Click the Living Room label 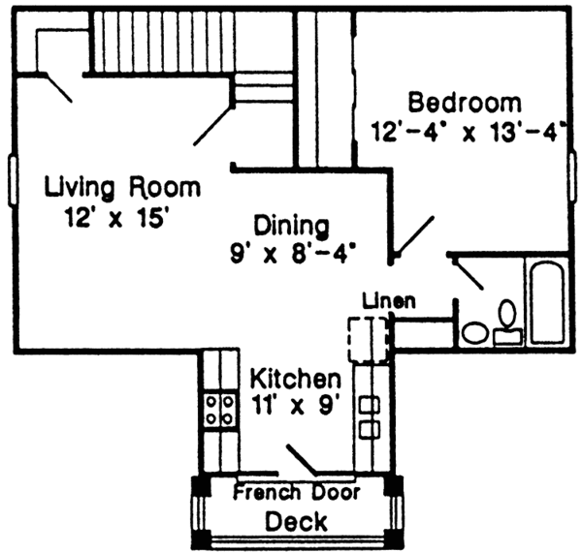[123, 187]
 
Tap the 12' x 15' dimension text [113, 217]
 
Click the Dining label [291, 225]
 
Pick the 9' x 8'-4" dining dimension [289, 254]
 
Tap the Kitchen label [295, 377]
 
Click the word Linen [389, 300]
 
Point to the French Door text [297, 492]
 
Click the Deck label [296, 521]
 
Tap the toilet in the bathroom [506, 323]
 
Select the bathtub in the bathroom [546, 300]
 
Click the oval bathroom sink [475, 333]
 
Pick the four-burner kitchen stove [219, 410]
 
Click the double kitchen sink [369, 416]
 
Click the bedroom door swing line [414, 234]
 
